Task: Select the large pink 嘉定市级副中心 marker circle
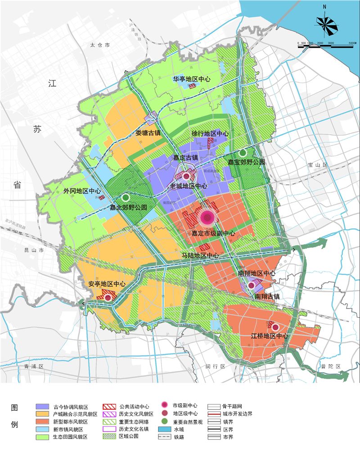click(207, 218)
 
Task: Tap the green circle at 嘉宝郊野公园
click(243, 153)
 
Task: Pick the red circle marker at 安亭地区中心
click(108, 297)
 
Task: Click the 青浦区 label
click(33, 366)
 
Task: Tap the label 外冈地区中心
click(82, 191)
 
